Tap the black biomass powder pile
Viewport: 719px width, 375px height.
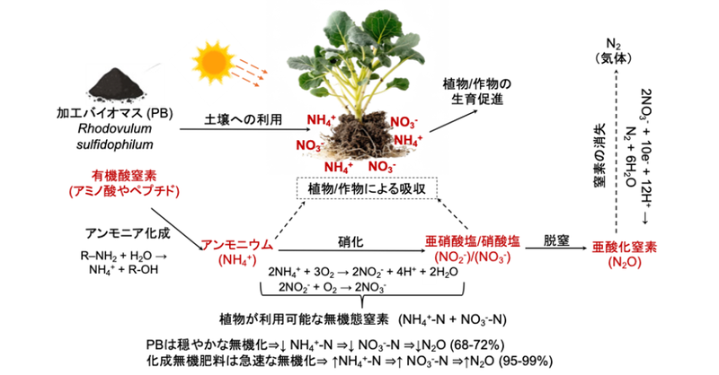coord(117,84)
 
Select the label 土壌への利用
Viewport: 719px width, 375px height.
coord(243,119)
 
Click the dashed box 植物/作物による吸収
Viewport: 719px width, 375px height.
coord(368,188)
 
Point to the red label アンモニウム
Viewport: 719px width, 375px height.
coord(237,245)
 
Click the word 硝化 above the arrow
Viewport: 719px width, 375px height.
coord(351,242)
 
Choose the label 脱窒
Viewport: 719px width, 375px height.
coord(556,240)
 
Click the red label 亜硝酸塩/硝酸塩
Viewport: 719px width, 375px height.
coord(473,241)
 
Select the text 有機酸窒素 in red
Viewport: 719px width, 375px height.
coord(124,176)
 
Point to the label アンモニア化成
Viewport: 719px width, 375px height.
coord(128,233)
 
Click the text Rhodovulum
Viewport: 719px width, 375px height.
coord(115,128)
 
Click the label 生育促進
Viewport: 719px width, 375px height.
coord(477,99)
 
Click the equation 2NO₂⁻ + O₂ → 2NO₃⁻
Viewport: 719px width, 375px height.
coord(332,288)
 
